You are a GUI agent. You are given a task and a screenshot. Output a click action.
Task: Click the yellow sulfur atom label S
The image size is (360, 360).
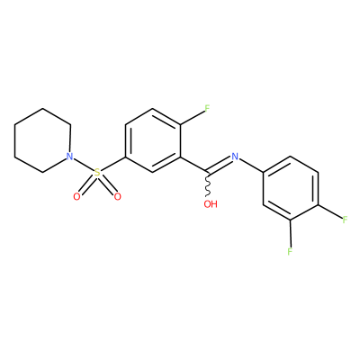pos(97,173)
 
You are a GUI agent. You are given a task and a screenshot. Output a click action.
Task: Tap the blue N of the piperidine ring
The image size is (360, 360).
pos(69,157)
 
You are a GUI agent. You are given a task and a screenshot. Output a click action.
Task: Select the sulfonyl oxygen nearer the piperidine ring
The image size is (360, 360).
pos(76,197)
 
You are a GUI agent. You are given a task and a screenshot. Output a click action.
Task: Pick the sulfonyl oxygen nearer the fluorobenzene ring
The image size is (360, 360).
pos(117,197)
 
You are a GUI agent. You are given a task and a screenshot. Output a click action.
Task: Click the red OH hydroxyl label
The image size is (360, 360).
pos(211,204)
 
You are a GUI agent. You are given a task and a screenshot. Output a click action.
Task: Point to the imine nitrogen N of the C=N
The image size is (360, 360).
pos(235,157)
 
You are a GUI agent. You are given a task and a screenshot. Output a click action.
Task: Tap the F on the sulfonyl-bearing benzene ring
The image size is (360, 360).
pos(207,108)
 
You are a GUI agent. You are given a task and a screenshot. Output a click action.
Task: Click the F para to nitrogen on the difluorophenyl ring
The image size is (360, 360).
pos(345,220)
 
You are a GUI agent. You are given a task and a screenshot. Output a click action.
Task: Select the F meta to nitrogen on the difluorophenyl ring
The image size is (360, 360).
pos(290,251)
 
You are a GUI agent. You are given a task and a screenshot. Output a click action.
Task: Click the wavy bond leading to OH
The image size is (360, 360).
pos(208,184)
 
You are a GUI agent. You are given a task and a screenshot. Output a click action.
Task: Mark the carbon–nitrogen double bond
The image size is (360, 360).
pos(220,166)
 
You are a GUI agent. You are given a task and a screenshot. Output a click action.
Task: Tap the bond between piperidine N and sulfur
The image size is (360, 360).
pos(83,165)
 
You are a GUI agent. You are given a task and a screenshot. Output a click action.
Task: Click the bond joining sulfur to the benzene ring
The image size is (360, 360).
pos(113,165)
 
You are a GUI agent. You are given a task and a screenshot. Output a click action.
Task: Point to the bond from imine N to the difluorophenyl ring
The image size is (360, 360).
pos(251,166)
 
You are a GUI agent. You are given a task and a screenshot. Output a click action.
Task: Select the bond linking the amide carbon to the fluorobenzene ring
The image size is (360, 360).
pos(193,165)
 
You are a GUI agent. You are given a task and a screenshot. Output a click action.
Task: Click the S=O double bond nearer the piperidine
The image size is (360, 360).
pos(86,185)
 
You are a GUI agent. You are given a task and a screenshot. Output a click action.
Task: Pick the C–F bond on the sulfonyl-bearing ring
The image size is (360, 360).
pos(193,117)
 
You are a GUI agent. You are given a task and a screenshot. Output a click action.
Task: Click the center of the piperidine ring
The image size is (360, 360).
pos(42,140)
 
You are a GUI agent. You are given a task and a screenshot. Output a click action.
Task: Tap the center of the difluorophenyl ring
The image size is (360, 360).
pos(291,188)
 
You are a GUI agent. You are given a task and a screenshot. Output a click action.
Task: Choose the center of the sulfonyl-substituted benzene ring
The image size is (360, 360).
pos(153,140)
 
